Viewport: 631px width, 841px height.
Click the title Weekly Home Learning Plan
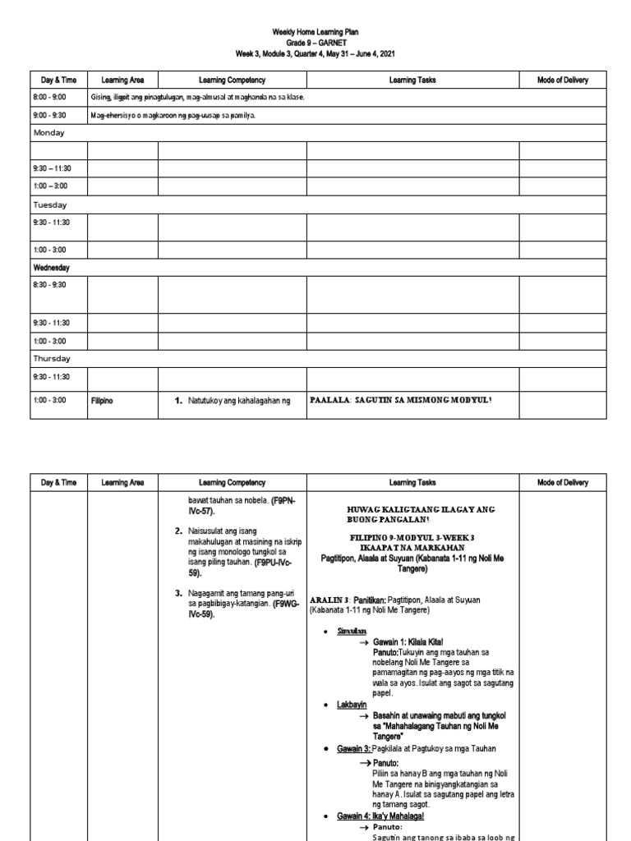pos(315,32)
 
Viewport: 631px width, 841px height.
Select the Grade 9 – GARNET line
pos(315,43)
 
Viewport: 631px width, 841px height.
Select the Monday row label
pos(49,132)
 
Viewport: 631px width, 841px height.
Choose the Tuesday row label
pos(50,205)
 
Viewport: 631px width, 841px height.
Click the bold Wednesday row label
pos(52,268)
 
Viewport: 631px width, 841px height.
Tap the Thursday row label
pos(52,359)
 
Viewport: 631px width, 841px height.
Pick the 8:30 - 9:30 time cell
pos(49,285)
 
